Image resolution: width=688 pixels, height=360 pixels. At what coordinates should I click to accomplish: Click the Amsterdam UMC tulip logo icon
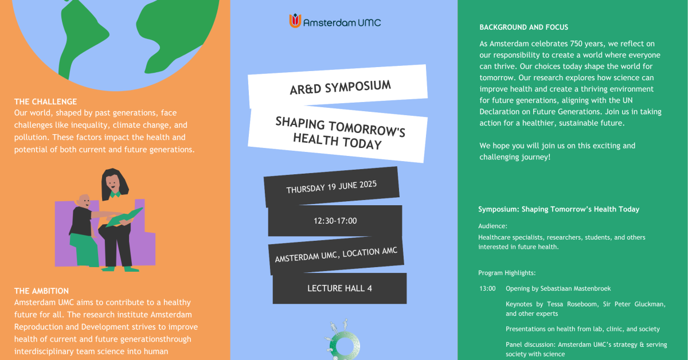coord(295,22)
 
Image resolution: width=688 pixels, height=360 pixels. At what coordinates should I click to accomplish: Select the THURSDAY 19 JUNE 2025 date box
coord(331,187)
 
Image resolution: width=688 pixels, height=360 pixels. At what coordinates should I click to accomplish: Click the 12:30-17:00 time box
coord(335,221)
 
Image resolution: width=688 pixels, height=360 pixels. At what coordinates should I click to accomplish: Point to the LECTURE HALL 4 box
coord(339,288)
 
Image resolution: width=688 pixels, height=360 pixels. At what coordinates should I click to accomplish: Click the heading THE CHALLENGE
coord(45,102)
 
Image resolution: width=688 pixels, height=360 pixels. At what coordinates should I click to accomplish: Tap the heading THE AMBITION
coord(41,291)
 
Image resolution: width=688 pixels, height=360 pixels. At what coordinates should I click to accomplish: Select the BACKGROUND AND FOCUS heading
coord(523,28)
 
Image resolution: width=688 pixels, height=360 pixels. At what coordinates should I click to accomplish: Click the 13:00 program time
coord(487,288)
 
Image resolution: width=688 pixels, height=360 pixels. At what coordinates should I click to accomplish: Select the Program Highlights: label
coord(507,273)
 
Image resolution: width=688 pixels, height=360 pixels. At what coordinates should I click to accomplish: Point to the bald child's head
coord(84,201)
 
